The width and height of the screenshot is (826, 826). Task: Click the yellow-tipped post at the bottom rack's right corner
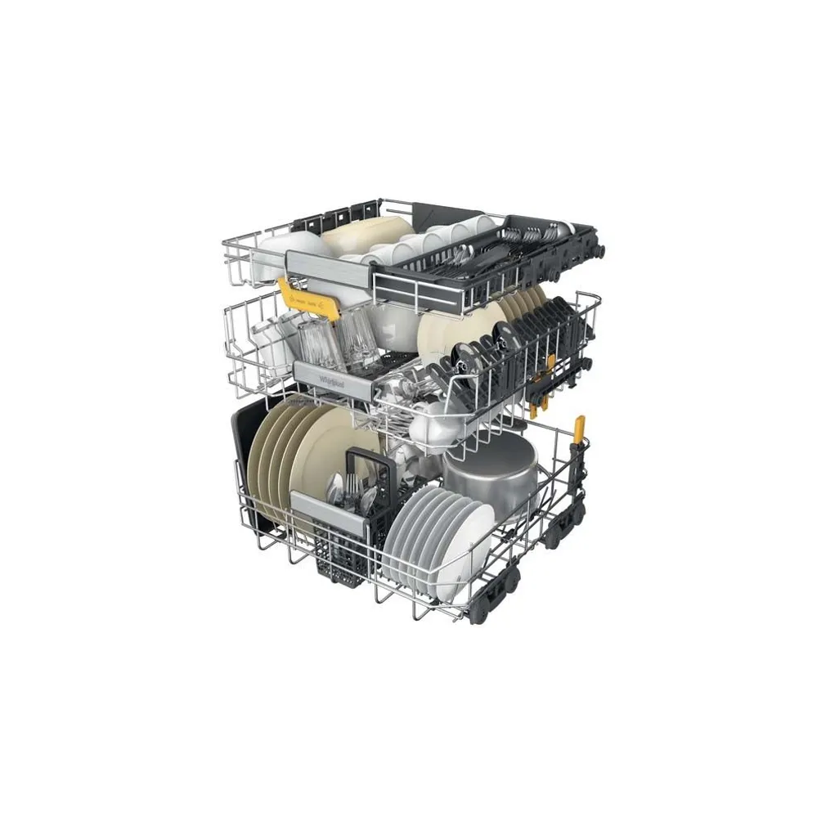coord(579,428)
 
